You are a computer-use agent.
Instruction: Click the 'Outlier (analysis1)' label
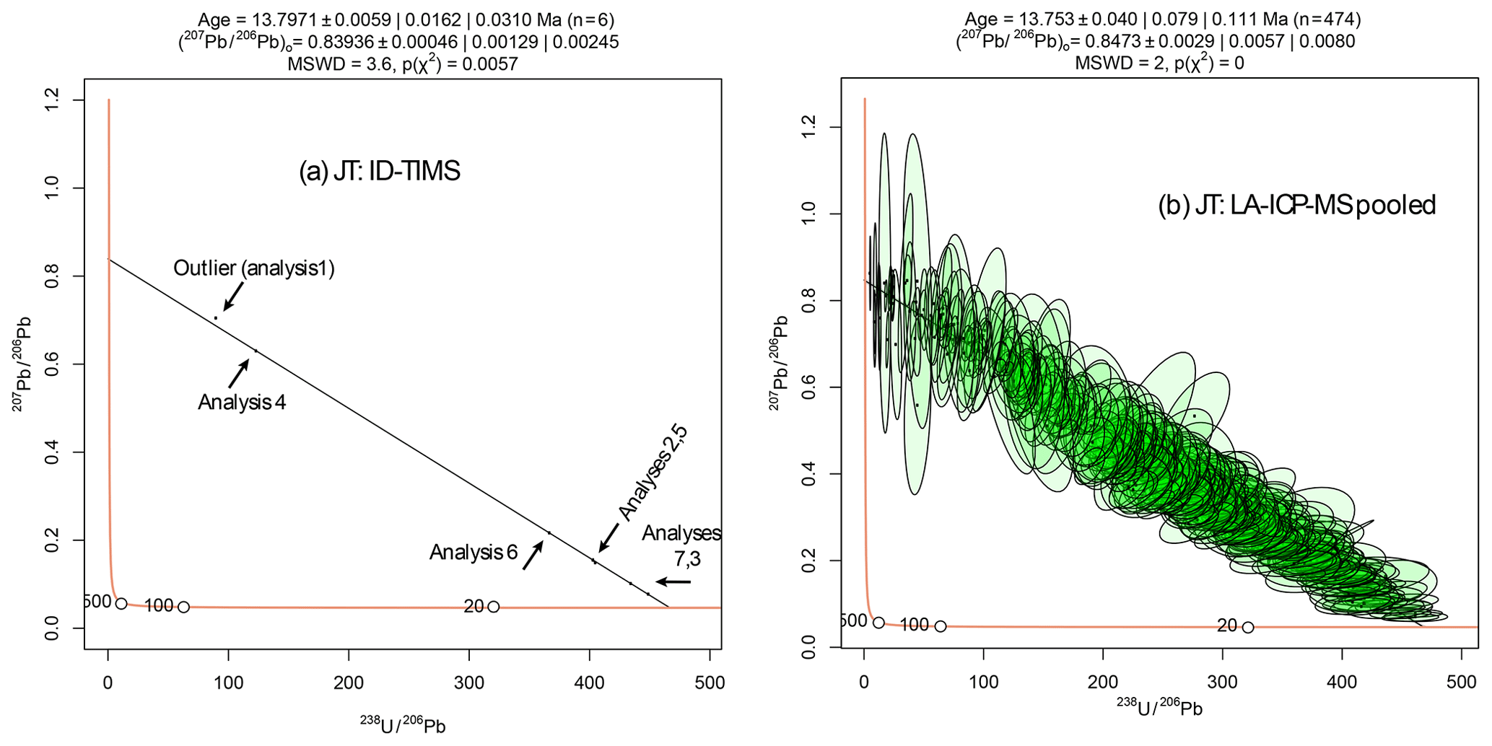tap(253, 268)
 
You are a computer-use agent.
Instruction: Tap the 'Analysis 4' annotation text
tap(242, 402)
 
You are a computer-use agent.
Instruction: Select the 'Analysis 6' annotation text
tap(474, 553)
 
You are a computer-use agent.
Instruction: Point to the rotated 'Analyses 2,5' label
tap(653, 473)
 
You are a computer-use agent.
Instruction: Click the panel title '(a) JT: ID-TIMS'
tap(380, 172)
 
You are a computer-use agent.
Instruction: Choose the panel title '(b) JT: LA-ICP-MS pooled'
tap(1296, 206)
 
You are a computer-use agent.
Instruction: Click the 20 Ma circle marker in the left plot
tap(494, 607)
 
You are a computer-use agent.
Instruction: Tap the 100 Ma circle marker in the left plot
tap(184, 607)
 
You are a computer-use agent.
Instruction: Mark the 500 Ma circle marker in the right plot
tap(878, 623)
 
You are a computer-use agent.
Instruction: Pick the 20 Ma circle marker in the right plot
tap(1248, 627)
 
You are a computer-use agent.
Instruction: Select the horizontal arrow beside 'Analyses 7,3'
tap(673, 582)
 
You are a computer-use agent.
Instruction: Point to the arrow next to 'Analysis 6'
tap(533, 556)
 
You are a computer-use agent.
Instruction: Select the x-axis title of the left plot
tap(402, 725)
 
